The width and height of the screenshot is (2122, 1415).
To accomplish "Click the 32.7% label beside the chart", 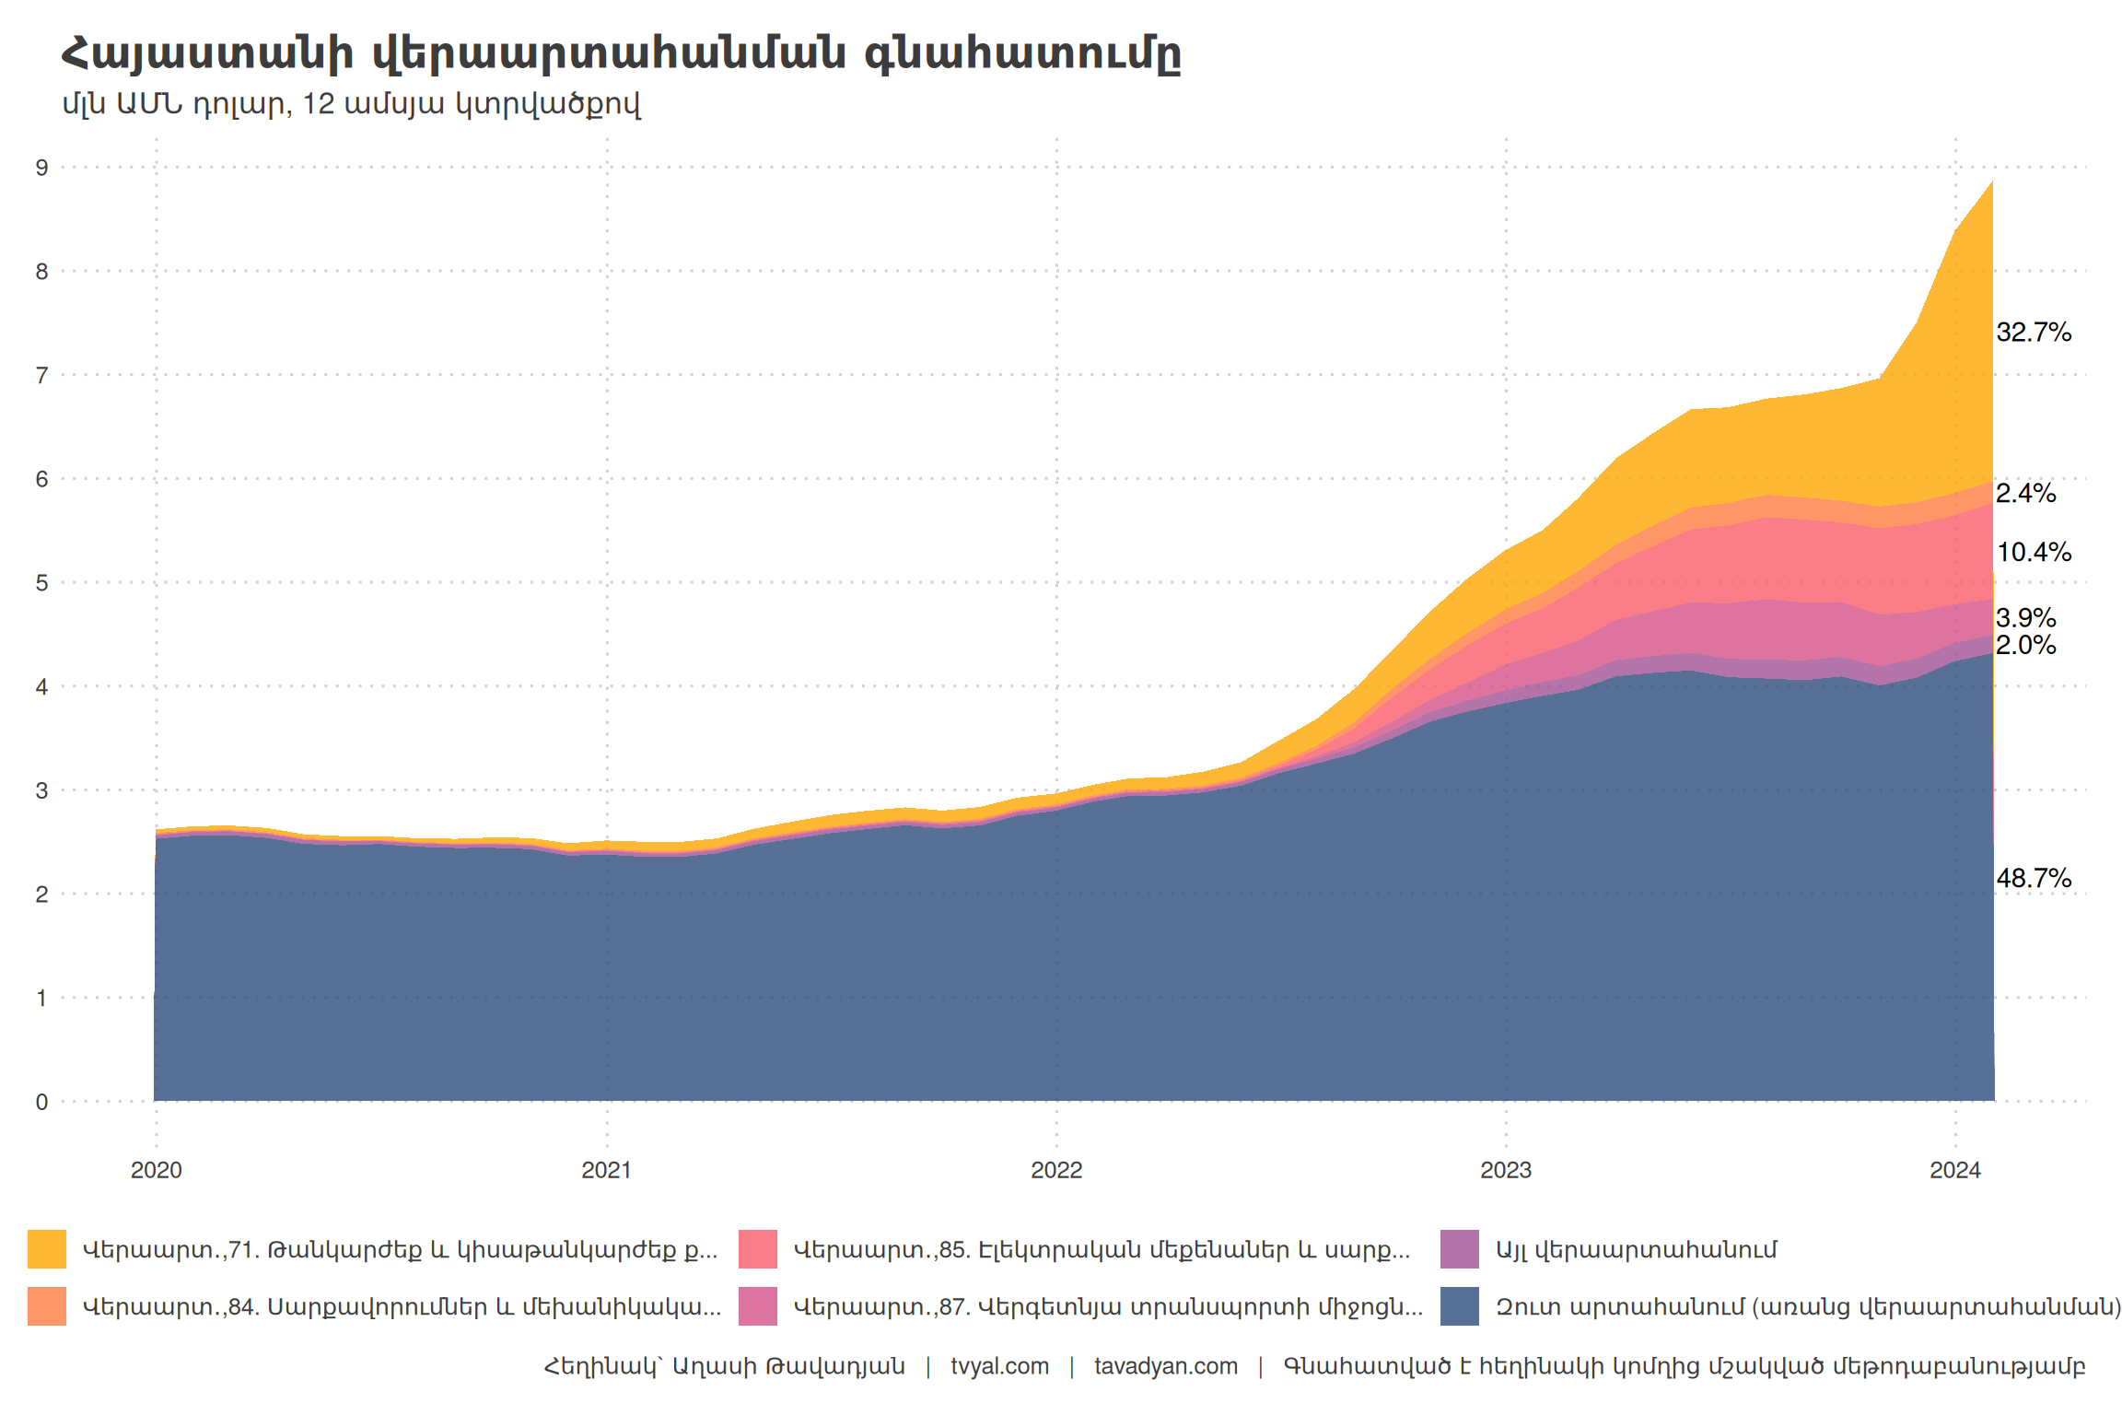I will (2033, 333).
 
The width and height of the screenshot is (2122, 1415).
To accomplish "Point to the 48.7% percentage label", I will (2033, 879).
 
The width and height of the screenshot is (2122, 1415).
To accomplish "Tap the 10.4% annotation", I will (2033, 553).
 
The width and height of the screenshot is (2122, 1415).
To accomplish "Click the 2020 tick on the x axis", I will (157, 1170).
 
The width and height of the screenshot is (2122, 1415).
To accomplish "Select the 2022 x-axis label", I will (1056, 1170).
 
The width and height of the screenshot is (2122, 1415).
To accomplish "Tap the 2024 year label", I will (1955, 1170).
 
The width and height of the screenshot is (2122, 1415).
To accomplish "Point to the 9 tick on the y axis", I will (41, 168).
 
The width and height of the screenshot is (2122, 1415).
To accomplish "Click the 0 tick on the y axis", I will (41, 1102).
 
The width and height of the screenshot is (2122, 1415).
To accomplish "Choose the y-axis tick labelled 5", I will (41, 583).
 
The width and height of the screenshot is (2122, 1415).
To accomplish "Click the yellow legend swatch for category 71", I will (47, 1249).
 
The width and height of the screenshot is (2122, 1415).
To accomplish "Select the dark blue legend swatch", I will (1460, 1306).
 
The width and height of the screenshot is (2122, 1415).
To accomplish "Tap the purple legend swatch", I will (1460, 1249).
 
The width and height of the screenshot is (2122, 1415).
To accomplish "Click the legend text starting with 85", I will (1101, 1250).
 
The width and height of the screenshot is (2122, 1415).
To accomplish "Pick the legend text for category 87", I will (1107, 1307).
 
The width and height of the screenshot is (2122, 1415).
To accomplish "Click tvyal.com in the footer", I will (999, 1366).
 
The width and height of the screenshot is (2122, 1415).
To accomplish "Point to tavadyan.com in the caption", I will (1165, 1366).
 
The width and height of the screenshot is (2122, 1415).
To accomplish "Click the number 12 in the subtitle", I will (318, 104).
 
